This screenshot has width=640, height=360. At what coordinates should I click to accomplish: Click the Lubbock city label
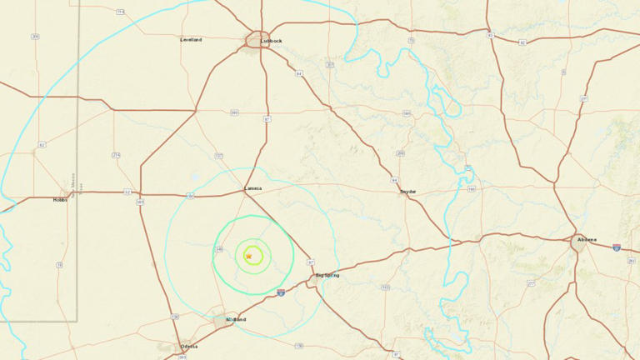(x=271, y=40)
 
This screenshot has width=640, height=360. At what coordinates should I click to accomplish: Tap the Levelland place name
(x=191, y=39)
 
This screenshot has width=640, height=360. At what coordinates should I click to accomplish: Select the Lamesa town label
(x=252, y=188)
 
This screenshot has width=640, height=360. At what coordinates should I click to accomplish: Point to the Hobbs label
(x=60, y=200)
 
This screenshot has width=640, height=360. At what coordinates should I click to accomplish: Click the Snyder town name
(x=408, y=192)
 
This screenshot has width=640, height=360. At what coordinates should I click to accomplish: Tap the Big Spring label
(x=327, y=275)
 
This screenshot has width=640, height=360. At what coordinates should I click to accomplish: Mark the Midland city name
(x=236, y=319)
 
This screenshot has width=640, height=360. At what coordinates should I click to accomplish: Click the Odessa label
(x=189, y=346)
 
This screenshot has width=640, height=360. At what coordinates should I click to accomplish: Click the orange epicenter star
(x=248, y=256)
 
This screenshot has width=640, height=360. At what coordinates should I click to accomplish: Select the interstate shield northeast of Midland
(x=281, y=292)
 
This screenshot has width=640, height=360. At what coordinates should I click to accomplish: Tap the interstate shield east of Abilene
(x=616, y=247)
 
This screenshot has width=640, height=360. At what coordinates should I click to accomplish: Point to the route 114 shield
(x=121, y=12)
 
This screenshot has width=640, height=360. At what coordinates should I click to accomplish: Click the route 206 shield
(x=35, y=36)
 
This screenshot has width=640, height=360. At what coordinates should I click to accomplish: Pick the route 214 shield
(x=116, y=155)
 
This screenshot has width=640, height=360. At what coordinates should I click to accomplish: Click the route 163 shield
(x=385, y=287)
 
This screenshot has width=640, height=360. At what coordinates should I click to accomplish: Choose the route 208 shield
(x=400, y=153)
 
